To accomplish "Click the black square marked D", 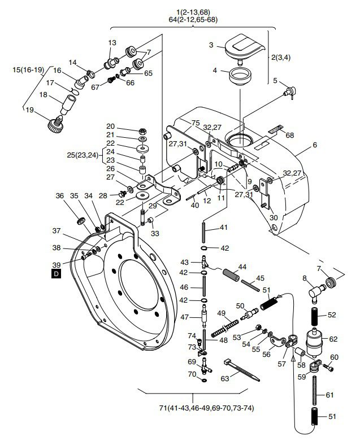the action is point(57,274).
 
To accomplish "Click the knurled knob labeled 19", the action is point(56,124).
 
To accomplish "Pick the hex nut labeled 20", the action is point(143,131).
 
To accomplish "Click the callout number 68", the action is point(289,136).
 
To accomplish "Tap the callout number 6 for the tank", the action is point(315,145).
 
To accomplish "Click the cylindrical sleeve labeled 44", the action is point(231,275).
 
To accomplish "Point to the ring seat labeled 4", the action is point(240,76).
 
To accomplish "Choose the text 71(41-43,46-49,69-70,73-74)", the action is point(207,408).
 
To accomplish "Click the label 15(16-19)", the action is point(28,70).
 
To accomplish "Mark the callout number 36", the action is point(60,196).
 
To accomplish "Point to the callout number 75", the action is point(196,123).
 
